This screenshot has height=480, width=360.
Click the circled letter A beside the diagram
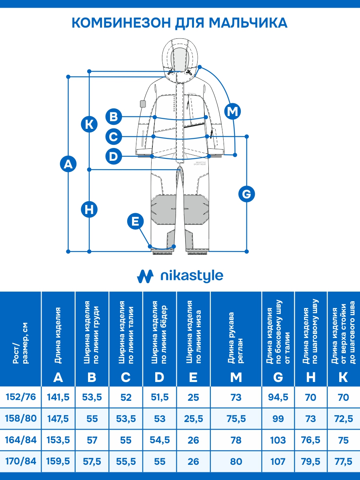(x=68, y=164)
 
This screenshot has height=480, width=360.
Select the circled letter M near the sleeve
(x=232, y=111)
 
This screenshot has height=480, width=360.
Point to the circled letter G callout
(x=246, y=194)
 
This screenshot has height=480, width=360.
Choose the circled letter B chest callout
(x=114, y=117)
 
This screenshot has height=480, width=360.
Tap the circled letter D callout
(x=114, y=156)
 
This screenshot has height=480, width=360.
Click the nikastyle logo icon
(x=145, y=276)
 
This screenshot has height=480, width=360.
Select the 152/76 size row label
(x=21, y=397)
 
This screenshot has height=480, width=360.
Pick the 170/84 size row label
(x=21, y=461)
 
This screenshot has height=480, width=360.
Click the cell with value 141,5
(x=58, y=397)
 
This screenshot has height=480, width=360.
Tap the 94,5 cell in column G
(x=278, y=397)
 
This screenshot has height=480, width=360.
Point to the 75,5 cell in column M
(x=236, y=419)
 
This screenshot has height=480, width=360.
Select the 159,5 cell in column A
(x=58, y=461)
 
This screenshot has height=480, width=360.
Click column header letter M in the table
(x=236, y=377)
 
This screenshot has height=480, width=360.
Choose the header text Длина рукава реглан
(x=236, y=338)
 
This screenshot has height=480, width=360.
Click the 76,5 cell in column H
(x=311, y=440)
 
